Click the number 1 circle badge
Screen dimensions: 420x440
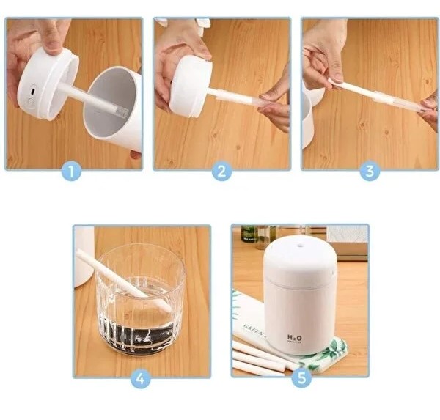(x=70, y=172)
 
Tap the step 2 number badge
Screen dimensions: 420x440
(x=221, y=172)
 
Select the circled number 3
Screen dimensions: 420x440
(x=369, y=172)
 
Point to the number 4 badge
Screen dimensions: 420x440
(x=141, y=379)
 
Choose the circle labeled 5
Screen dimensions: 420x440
(x=301, y=379)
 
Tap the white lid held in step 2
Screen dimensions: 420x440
(x=191, y=86)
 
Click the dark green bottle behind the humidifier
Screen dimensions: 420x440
(x=248, y=234)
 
